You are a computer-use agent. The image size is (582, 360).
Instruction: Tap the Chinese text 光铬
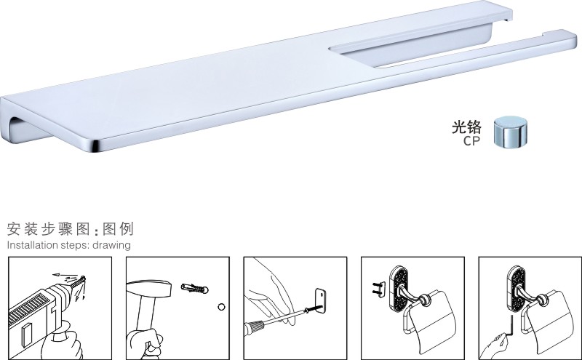pos(466,127)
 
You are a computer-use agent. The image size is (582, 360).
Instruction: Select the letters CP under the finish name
pos(471,141)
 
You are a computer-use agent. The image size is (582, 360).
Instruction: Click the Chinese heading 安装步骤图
pos(48,229)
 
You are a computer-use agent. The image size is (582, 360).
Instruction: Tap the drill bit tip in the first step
pos(84,278)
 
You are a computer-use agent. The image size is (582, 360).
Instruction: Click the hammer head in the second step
pos(148,289)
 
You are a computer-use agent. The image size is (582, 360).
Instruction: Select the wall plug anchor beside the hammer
pos(194,288)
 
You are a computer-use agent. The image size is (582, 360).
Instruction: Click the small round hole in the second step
pos(222,307)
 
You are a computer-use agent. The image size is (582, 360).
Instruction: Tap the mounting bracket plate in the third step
pos(320,301)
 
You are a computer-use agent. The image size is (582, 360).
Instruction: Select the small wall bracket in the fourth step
pos(379,289)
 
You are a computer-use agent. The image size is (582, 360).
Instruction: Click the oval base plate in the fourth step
pos(398,289)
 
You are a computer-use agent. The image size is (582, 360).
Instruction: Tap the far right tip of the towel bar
pos(575,36)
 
